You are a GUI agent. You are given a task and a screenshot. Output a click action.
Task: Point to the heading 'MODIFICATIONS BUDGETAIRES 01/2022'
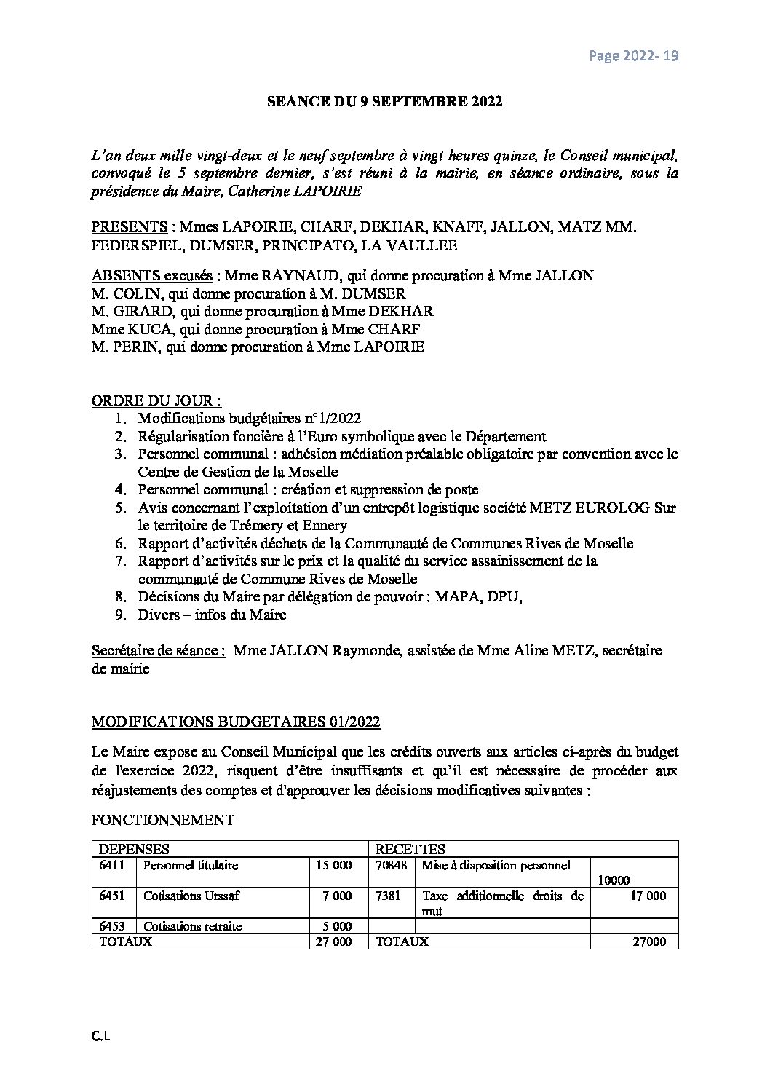[236, 722]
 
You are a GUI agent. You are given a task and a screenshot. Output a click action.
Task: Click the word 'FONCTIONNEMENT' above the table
[163, 820]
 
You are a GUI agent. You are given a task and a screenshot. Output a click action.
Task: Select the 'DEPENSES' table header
[134, 849]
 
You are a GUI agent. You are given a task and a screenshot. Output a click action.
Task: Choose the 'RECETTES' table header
[410, 849]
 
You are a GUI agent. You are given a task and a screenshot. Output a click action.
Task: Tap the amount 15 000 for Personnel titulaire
[334, 865]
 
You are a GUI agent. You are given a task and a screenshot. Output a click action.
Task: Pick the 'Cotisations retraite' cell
[193, 926]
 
